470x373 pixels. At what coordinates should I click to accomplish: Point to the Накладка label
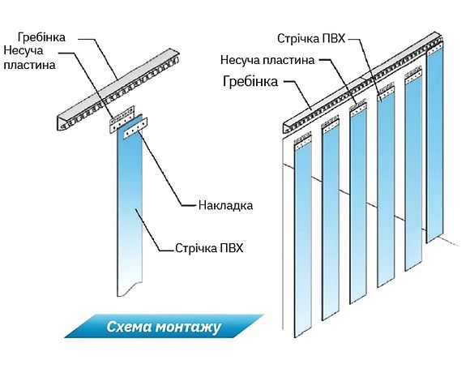225,205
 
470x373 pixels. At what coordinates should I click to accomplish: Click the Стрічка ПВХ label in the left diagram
210,248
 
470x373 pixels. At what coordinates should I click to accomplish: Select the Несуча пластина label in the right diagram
267,59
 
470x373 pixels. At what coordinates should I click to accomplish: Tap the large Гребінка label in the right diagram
250,81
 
